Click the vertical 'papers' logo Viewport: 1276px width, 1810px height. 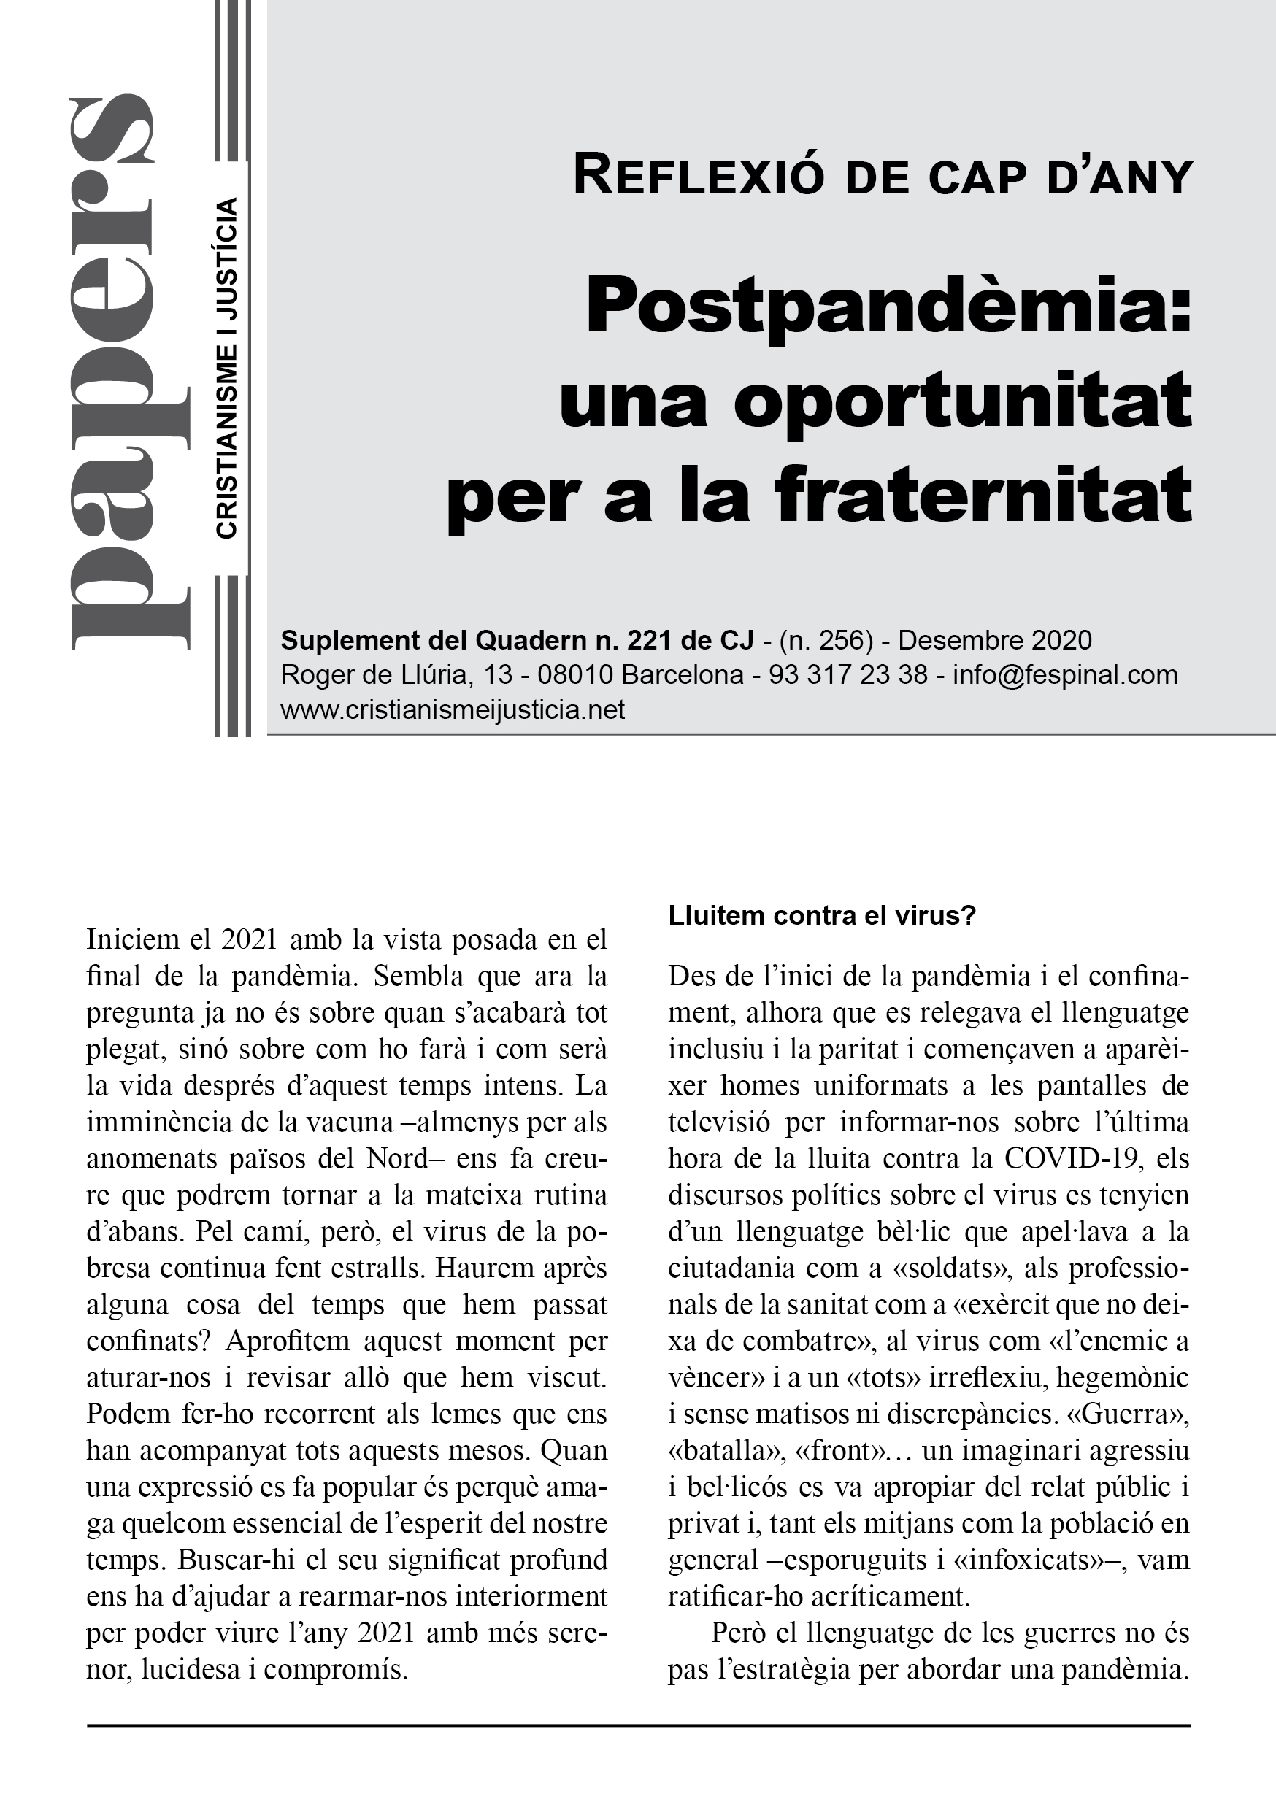130,374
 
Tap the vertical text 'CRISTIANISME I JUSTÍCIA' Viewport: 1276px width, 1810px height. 226,369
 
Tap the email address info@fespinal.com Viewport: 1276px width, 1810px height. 1064,675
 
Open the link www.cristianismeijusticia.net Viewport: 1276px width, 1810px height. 453,709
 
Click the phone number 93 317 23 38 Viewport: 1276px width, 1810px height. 848,675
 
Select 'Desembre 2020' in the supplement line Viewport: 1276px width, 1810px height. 995,640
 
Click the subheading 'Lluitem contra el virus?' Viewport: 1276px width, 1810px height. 823,915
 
